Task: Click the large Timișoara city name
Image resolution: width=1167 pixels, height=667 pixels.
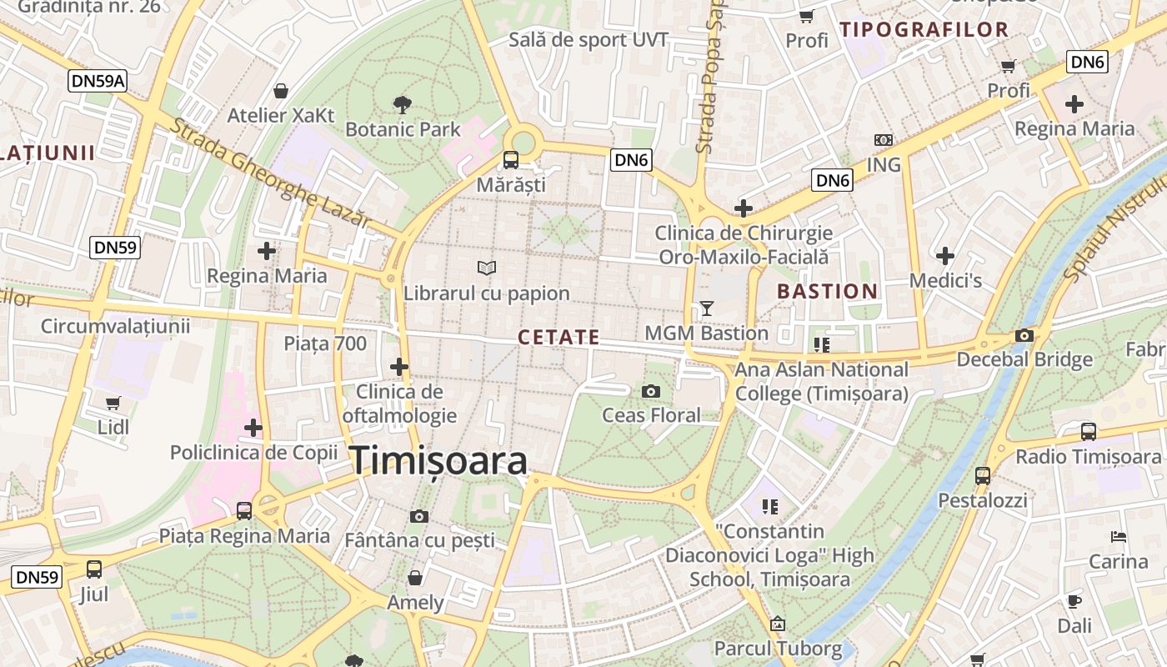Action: coord(438,461)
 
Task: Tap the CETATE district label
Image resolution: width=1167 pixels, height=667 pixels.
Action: coord(558,337)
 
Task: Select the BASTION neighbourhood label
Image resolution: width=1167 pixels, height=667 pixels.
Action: coord(827,292)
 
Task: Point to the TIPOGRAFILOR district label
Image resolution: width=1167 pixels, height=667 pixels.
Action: coord(924,30)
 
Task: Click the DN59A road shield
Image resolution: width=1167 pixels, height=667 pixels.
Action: coord(98,80)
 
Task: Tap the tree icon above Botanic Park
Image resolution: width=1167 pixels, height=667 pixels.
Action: coord(402,104)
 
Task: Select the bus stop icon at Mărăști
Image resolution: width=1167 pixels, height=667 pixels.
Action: coord(510,159)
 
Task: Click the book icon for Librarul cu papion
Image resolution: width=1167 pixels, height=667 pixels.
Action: coord(487,268)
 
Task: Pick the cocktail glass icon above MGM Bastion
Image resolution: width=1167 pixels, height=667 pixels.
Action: coord(707,308)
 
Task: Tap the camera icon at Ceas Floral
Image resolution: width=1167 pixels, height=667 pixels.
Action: coord(651,391)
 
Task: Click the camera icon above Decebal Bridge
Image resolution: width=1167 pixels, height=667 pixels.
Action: coord(1024,335)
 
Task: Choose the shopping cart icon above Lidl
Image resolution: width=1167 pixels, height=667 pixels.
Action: coord(113,403)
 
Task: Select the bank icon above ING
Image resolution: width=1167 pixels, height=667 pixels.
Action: coord(884,140)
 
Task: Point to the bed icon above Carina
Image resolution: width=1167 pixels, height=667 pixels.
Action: coord(1119,536)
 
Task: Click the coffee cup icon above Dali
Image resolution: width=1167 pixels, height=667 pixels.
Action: coord(1074,600)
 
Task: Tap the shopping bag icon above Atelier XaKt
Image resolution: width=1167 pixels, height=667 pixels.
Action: coord(281,90)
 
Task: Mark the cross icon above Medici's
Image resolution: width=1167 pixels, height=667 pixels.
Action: coord(945,255)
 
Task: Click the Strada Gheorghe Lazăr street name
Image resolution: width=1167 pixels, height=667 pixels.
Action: coord(270,173)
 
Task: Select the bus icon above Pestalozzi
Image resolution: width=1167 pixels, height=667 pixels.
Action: coord(983,476)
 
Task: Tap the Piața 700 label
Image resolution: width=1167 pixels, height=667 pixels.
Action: coord(325,343)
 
